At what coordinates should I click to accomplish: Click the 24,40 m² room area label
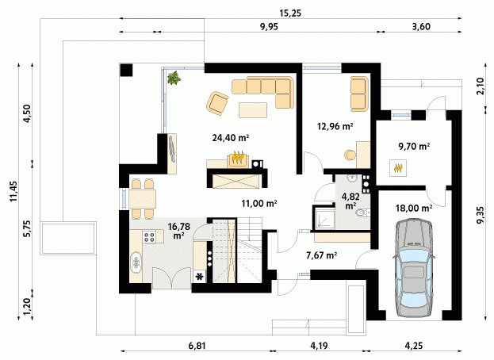231,138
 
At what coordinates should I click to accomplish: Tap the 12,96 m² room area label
335,126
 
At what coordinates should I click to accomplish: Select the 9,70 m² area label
414,146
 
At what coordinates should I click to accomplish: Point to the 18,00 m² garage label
414,208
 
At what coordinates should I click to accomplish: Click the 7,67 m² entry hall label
322,255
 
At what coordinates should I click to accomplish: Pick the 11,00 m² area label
259,204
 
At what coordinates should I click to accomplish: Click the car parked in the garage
414,268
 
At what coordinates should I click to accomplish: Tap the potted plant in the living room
174,78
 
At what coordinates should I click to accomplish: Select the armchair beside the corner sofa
217,102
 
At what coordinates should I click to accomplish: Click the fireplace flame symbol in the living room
239,158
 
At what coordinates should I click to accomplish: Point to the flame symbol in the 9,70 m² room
398,168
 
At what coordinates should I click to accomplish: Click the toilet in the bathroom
362,213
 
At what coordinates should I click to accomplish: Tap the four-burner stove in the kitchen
149,236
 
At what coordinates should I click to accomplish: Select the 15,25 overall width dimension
290,13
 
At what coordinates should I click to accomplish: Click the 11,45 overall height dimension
13,191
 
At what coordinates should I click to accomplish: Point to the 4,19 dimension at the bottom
319,346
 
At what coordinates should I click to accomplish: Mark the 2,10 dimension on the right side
480,86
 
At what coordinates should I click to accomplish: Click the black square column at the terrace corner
127,70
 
